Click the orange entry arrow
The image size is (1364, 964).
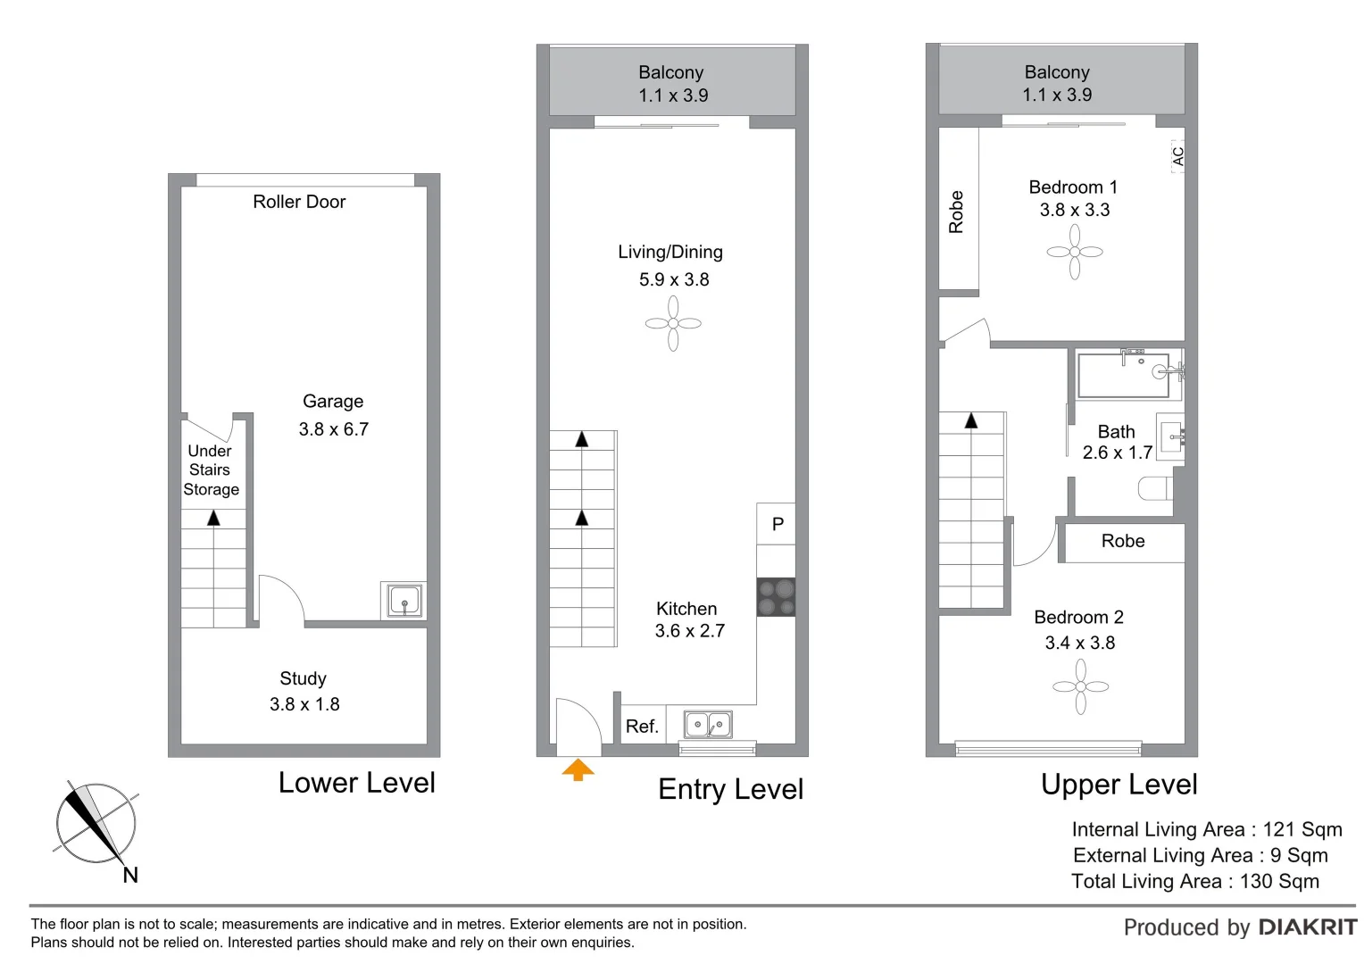click(x=578, y=769)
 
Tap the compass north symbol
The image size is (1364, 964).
click(x=96, y=823)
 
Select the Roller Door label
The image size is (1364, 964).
click(x=299, y=202)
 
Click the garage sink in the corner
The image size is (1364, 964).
click(x=404, y=600)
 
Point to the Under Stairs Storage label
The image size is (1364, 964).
click(x=211, y=470)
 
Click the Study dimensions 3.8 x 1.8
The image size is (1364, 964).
click(x=304, y=704)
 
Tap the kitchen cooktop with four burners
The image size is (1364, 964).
click(x=776, y=598)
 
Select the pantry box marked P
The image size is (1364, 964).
click(x=777, y=524)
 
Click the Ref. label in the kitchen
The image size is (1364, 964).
click(x=642, y=727)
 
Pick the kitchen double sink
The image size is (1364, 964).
click(x=708, y=725)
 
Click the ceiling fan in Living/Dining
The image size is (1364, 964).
click(x=673, y=323)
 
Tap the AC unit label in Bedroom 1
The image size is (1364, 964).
click(x=1177, y=156)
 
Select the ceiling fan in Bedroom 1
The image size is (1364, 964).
click(x=1075, y=252)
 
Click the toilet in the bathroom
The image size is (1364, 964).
click(x=1155, y=488)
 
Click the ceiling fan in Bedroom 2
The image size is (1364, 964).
click(x=1081, y=686)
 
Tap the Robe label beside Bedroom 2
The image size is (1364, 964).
click(x=1123, y=541)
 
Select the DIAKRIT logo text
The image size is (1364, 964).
click(x=1307, y=927)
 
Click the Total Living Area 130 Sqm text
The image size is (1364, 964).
click(x=1195, y=881)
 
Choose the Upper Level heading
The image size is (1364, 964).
click(x=1119, y=785)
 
